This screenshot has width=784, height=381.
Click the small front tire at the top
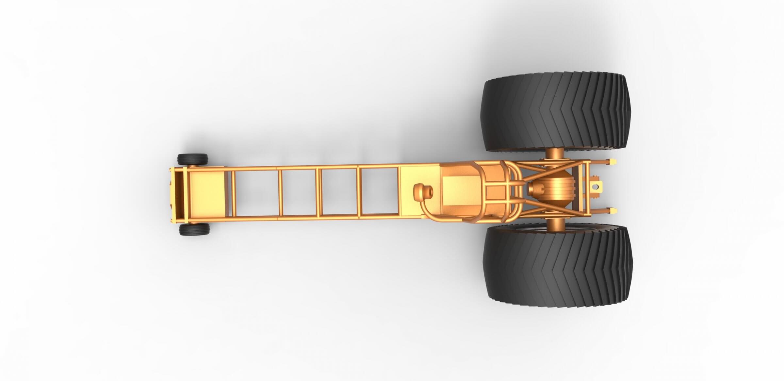(x=192, y=159)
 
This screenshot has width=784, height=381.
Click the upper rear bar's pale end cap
(x=613, y=162)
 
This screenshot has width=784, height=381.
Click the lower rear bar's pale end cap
(x=613, y=211)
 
